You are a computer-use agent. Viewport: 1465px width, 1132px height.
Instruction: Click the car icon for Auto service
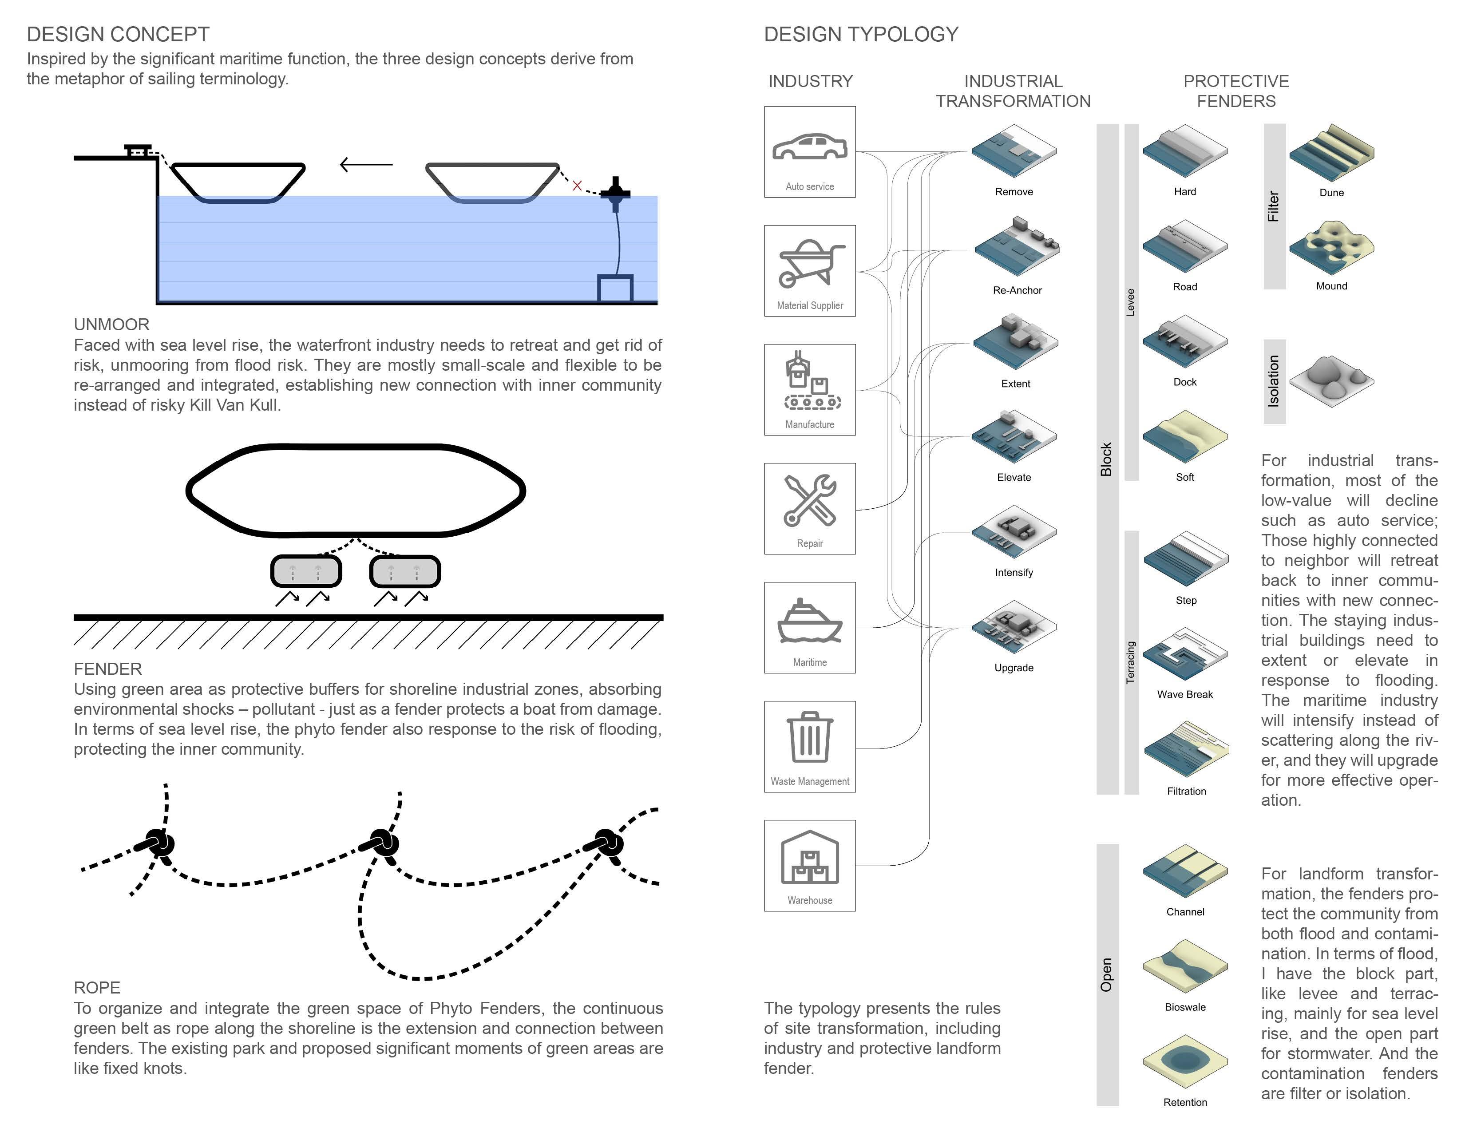click(x=810, y=147)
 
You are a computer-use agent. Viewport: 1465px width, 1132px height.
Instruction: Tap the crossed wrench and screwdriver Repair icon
click(x=810, y=500)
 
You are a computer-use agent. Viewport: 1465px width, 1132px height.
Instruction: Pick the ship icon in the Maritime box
click(x=810, y=621)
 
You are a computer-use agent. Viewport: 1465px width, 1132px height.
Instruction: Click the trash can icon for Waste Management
click(x=810, y=738)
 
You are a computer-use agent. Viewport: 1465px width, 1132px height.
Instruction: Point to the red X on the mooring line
click(x=577, y=186)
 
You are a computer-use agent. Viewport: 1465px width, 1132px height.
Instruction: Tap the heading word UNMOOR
click(x=111, y=325)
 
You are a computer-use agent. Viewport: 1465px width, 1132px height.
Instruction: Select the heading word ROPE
click(x=97, y=988)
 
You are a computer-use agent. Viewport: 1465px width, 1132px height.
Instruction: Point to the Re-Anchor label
click(x=1017, y=290)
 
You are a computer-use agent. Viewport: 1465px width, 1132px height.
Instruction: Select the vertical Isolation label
click(x=1274, y=381)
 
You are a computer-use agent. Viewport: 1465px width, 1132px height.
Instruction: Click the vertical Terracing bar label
click(x=1131, y=663)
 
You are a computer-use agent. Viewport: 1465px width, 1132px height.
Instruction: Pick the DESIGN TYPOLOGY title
click(x=861, y=34)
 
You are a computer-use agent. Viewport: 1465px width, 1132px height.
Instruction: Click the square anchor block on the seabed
click(x=615, y=289)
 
